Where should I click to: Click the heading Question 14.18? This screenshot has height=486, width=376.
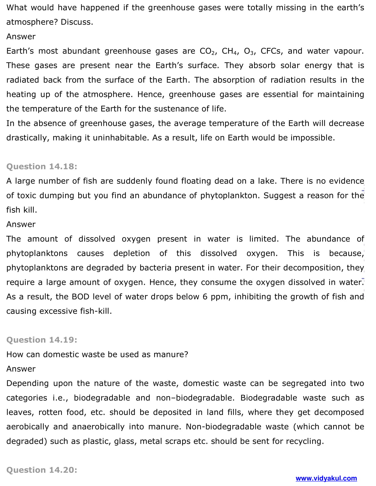[42, 166]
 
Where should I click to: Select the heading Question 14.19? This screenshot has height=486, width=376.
[42, 340]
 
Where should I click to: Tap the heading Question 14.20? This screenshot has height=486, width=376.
[42, 470]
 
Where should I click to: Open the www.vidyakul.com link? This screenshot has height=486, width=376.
[326, 478]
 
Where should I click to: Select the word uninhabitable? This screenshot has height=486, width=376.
[120, 138]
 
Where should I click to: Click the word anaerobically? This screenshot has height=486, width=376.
[98, 427]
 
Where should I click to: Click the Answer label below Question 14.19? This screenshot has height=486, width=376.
[21, 369]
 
